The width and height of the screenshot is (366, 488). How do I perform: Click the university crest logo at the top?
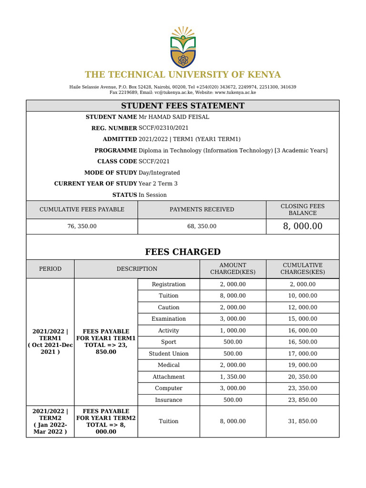(x=183, y=47)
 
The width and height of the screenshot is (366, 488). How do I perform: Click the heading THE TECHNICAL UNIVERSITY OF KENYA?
(x=183, y=75)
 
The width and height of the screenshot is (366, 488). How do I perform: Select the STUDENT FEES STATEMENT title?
(x=183, y=106)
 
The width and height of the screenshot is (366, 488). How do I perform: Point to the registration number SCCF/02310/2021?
(x=163, y=128)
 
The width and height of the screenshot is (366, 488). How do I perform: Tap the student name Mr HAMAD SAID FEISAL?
(x=173, y=117)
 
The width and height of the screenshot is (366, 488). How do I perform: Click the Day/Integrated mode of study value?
(x=159, y=173)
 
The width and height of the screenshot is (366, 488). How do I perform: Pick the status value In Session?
(x=152, y=195)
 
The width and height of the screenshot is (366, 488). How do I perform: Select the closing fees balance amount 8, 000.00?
(x=303, y=226)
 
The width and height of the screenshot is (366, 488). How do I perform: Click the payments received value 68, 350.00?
(x=202, y=226)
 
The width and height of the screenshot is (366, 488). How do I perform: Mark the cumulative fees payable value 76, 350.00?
(x=82, y=226)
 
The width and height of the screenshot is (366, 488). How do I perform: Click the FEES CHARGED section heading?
(x=183, y=252)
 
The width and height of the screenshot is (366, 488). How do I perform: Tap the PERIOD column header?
(x=50, y=269)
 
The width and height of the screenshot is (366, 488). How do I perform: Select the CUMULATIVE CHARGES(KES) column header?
(x=303, y=269)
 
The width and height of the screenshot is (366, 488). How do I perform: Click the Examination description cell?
(x=169, y=319)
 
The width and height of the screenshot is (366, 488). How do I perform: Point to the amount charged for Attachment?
(x=233, y=376)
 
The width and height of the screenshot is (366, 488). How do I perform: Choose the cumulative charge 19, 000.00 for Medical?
(x=303, y=365)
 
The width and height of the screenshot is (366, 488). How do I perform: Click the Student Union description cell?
(x=169, y=354)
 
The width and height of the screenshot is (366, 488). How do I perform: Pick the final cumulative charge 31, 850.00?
(x=303, y=421)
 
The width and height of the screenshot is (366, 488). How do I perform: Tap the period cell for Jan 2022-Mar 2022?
(x=50, y=421)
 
